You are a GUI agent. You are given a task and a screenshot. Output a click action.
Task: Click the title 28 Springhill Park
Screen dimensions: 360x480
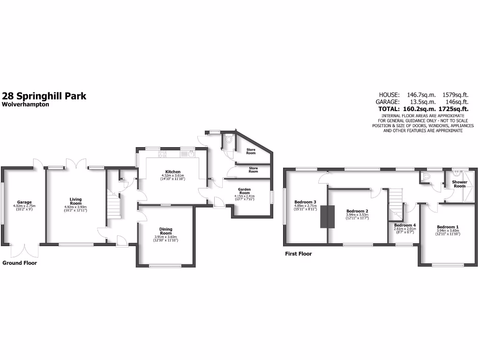click(45, 96)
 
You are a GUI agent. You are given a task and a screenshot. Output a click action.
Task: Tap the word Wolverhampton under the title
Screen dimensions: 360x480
click(26, 105)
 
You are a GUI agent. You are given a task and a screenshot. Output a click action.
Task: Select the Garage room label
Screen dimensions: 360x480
click(24, 202)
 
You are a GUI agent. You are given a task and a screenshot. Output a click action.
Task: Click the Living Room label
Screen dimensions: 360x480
click(75, 201)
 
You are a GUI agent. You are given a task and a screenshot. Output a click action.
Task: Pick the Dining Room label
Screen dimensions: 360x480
click(166, 231)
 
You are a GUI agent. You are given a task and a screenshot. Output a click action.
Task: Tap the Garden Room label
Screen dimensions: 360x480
click(244, 191)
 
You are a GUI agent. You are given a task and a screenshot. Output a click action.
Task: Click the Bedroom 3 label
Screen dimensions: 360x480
click(305, 202)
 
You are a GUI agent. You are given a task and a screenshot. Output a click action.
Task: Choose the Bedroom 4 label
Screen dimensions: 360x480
click(405, 225)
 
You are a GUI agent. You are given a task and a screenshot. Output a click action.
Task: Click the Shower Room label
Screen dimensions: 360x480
click(459, 184)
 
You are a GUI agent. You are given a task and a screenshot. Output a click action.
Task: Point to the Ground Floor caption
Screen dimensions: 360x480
click(20, 263)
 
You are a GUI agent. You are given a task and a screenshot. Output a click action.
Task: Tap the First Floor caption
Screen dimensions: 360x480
click(299, 254)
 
